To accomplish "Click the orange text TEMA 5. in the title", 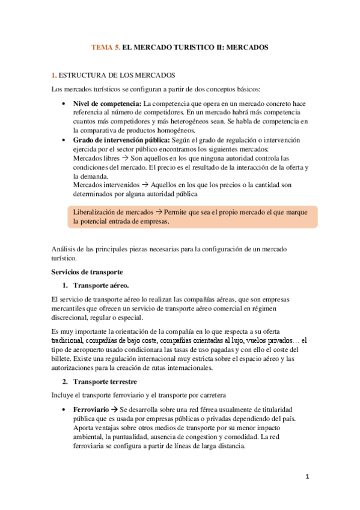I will click(105, 46).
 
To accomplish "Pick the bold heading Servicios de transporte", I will click(88, 272).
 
